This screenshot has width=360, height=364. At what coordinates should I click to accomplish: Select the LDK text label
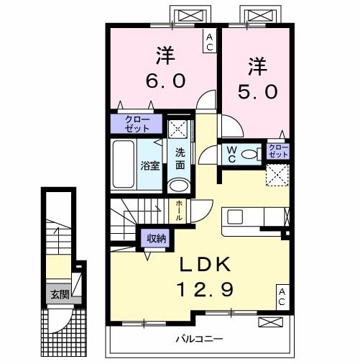click(x=206, y=266)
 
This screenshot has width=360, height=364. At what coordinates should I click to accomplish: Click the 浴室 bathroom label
click(x=149, y=164)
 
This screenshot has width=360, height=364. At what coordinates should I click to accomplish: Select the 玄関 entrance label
click(x=60, y=294)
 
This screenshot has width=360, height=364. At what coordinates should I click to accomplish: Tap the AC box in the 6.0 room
click(x=209, y=42)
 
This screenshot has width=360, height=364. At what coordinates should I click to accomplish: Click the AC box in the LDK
click(x=282, y=296)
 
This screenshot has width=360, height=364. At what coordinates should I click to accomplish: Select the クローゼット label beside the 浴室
click(x=137, y=123)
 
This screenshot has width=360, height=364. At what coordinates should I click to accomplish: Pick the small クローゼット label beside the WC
click(x=277, y=151)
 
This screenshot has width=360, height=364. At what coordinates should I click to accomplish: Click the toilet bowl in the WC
click(x=249, y=153)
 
